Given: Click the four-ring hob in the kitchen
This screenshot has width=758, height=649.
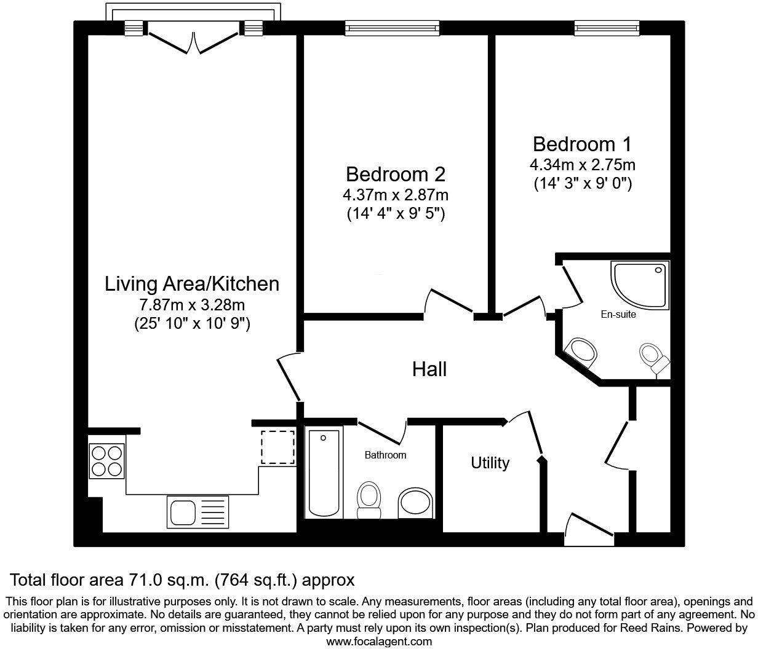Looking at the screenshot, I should (106, 461).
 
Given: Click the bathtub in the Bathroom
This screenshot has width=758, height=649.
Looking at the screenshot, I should (324, 473).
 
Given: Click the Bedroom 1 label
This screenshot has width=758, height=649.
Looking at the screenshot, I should (582, 144).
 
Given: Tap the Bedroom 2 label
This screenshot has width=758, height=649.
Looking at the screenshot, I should (395, 174).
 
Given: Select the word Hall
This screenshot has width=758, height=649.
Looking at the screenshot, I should (429, 369).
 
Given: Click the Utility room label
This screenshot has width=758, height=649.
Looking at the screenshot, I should (490, 463).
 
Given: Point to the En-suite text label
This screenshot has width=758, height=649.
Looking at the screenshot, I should (618, 315).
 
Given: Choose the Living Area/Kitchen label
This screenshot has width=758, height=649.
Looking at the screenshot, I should (192, 284).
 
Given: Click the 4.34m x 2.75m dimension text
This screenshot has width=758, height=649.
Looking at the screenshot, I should (582, 165).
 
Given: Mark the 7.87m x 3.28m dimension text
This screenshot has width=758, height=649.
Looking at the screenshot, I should (192, 304).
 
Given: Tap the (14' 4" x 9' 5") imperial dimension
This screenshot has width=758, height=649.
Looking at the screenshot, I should (395, 214).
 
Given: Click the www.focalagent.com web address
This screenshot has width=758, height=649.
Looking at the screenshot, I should (378, 642).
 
